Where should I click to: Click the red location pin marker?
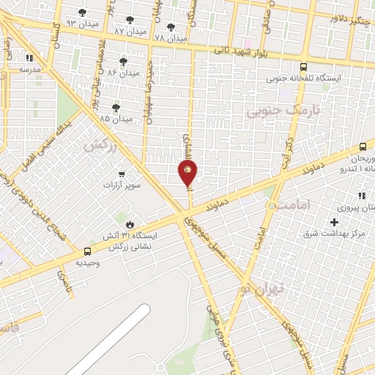pyautogui.click(x=187, y=172)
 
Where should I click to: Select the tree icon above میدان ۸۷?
pyautogui.click(x=130, y=20)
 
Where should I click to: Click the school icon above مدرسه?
pyautogui.click(x=30, y=57)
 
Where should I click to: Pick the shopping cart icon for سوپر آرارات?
pyautogui.click(x=121, y=174)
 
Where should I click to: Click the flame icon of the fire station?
pyautogui.click(x=130, y=224)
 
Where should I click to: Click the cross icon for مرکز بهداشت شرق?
pyautogui.click(x=335, y=222)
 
